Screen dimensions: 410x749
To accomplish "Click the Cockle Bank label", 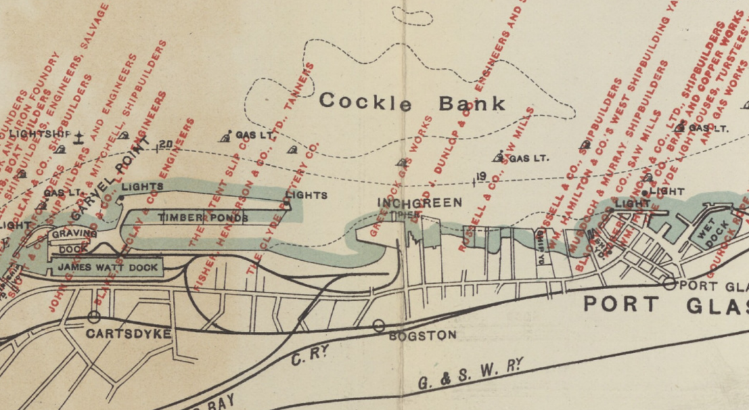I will click(x=412, y=102).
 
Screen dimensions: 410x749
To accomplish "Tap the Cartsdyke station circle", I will click(x=94, y=317).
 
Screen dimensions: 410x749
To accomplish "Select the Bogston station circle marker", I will click(x=378, y=325).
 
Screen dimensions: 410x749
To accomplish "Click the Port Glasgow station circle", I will click(x=670, y=284).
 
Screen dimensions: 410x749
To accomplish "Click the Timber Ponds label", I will click(x=202, y=217).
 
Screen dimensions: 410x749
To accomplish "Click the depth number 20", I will click(x=165, y=145).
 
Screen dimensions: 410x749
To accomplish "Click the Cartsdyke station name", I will click(x=129, y=334).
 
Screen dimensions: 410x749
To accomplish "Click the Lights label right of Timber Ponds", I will click(x=306, y=195).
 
